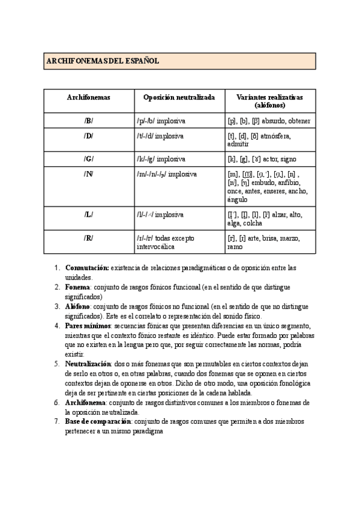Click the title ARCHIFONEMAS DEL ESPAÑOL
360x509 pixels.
pos(102,61)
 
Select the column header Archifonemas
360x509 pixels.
pos(89,97)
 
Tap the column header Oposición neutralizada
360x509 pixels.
pos(179,97)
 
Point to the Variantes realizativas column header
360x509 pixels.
pos(269,101)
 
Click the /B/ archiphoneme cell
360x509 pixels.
pos(89,121)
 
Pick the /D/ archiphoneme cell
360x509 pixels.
pos(89,136)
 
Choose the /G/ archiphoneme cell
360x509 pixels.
pos(89,159)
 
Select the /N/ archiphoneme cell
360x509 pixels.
pos(89,174)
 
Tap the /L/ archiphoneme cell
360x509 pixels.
pos(89,214)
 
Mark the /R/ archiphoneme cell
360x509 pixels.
pos(89,238)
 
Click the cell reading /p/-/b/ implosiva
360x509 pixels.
pos(161,121)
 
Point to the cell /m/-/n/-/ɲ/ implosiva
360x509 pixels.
pos(167,174)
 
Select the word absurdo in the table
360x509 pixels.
pos(274,121)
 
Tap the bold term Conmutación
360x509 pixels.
pos(87,268)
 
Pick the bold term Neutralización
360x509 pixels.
pos(88,364)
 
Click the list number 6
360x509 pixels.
pos(56,402)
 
